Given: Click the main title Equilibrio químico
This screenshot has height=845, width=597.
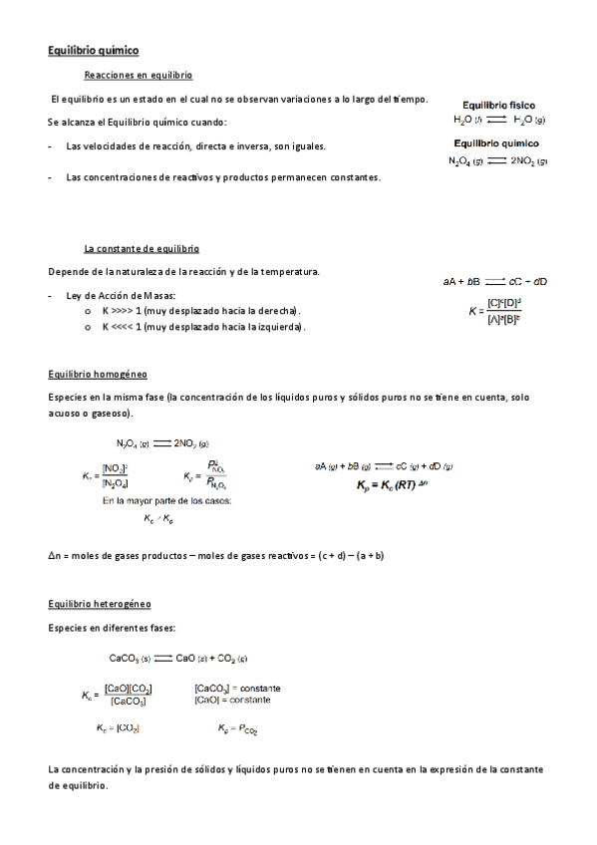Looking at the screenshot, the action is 94,49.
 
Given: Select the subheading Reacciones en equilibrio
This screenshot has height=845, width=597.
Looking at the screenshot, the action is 139,76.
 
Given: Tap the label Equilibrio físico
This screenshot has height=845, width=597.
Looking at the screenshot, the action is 497,104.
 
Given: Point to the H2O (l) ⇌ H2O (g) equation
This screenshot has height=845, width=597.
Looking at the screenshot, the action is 498,120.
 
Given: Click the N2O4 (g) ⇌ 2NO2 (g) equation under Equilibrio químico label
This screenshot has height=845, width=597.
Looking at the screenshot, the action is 497,160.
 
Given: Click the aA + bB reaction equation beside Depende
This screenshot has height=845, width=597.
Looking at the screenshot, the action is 495,282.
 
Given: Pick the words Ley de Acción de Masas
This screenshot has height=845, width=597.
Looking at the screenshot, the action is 120,296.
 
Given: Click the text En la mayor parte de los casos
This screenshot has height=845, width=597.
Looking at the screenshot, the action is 166,501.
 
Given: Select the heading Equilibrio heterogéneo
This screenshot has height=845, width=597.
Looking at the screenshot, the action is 100,604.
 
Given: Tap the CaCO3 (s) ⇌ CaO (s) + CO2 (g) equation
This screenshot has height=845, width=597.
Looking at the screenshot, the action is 178,658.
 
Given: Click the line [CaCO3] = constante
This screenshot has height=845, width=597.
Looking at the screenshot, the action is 237,688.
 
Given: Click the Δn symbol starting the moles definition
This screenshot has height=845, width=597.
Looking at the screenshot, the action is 54,556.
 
